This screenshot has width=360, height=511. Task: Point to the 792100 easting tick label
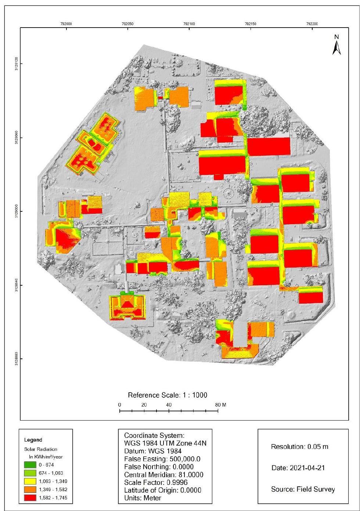189,24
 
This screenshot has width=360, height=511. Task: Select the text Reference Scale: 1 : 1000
168,395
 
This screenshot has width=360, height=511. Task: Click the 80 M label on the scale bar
221,405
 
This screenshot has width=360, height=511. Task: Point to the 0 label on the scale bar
120,405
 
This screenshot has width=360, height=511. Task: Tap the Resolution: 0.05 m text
299,447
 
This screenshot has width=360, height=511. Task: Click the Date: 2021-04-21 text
298,468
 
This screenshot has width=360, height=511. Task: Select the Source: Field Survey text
303,489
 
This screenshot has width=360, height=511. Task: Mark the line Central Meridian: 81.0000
163,475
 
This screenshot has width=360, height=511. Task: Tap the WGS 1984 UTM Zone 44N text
165,443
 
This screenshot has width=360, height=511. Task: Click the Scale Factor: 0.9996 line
158,483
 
